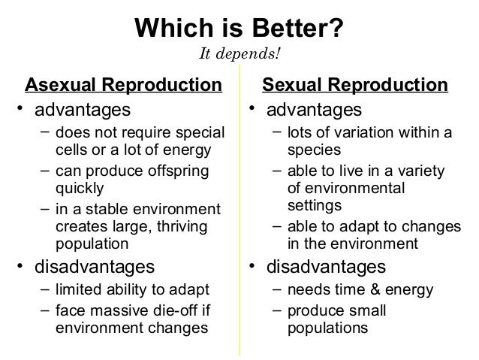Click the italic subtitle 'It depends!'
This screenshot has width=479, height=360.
point(239,55)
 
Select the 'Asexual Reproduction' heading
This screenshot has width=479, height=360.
point(124,83)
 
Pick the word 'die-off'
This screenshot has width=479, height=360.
point(174,310)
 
